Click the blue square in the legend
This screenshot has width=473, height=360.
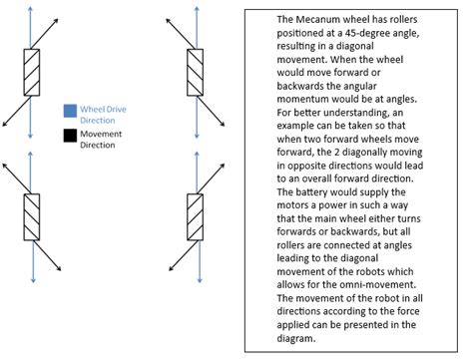click(69, 111)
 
